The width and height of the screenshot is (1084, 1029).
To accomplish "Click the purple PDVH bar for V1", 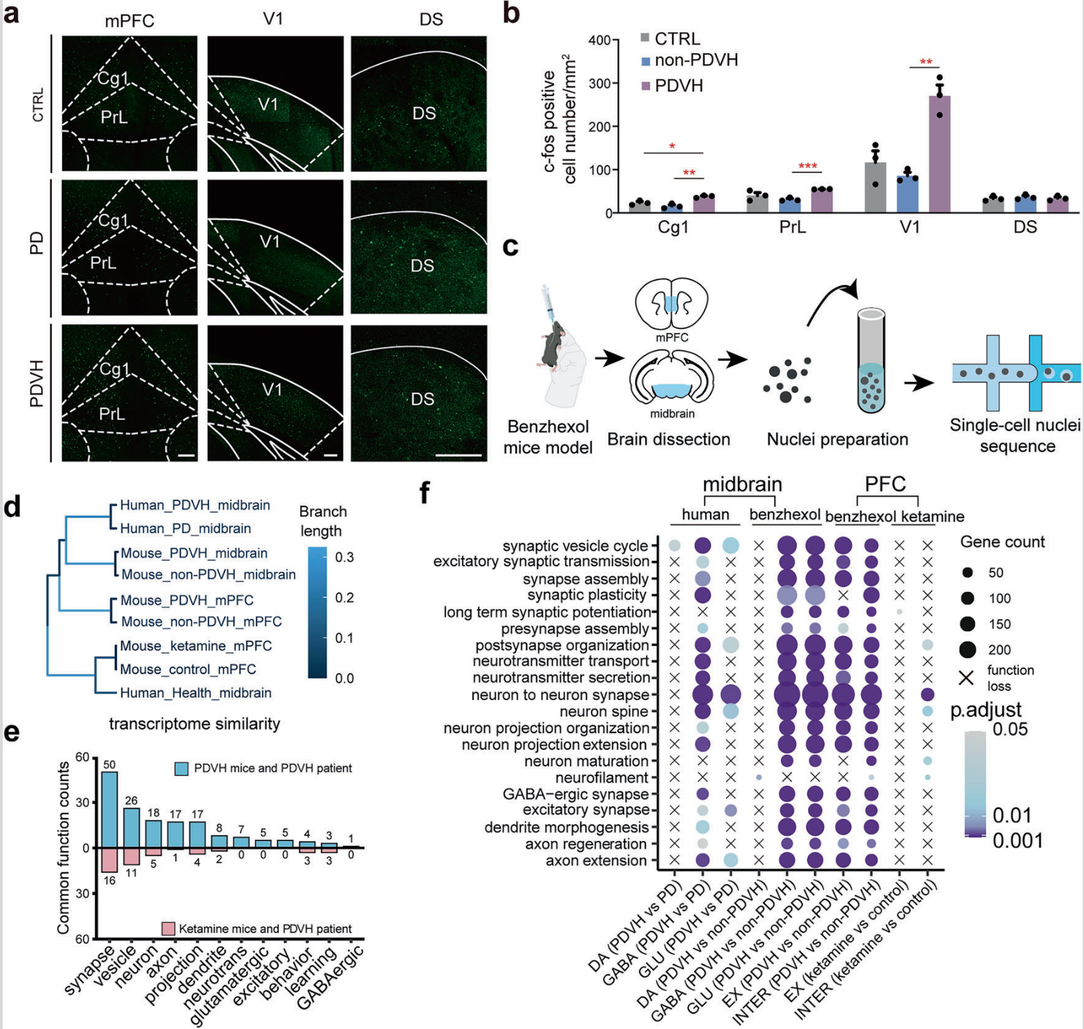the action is [940, 154].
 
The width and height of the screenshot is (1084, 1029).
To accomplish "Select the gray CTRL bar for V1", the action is [876, 187].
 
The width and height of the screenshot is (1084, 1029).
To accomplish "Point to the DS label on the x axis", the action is [1025, 227].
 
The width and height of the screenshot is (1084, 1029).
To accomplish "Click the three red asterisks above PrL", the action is [807, 167].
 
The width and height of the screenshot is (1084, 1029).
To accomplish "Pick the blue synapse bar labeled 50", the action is [110, 810].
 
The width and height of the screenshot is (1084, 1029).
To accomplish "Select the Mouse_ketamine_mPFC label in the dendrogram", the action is [196, 646].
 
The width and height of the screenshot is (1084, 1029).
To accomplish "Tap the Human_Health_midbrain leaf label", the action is [196, 693].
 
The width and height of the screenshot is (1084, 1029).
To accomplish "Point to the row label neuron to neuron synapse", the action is [560, 695].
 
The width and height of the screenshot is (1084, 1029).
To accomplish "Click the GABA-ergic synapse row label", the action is [576, 794].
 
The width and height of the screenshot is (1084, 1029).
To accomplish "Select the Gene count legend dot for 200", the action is [967, 650].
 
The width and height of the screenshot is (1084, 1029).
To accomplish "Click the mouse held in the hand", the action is [548, 343].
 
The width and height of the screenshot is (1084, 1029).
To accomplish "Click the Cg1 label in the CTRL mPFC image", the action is [112, 78].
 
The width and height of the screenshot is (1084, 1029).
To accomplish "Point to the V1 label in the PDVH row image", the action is [272, 389].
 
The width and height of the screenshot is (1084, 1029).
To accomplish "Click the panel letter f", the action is [424, 493].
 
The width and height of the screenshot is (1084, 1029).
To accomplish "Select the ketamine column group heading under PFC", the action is [933, 517].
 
